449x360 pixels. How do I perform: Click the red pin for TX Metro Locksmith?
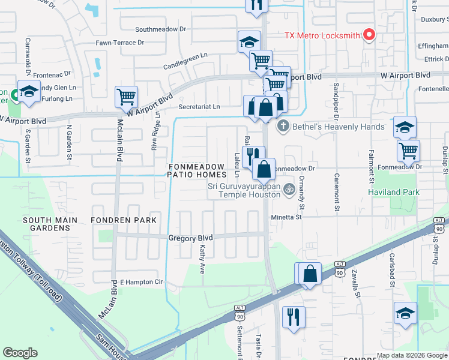point(369,35)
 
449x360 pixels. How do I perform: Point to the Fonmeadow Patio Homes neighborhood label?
point(197,170)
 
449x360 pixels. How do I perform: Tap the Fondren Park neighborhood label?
point(123,220)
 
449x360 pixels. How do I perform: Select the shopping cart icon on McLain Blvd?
point(126,96)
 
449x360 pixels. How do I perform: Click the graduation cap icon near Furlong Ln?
point(28,91)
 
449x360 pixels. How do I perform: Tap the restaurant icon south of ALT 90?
point(293,316)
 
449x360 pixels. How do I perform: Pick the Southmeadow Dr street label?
point(158,29)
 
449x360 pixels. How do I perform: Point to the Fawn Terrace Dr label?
point(120,43)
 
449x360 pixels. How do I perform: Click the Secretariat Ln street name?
point(199,107)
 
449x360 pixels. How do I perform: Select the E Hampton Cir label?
point(142,281)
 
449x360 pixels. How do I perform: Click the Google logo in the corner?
point(20,353)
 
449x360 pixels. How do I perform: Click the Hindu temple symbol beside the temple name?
point(288,190)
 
